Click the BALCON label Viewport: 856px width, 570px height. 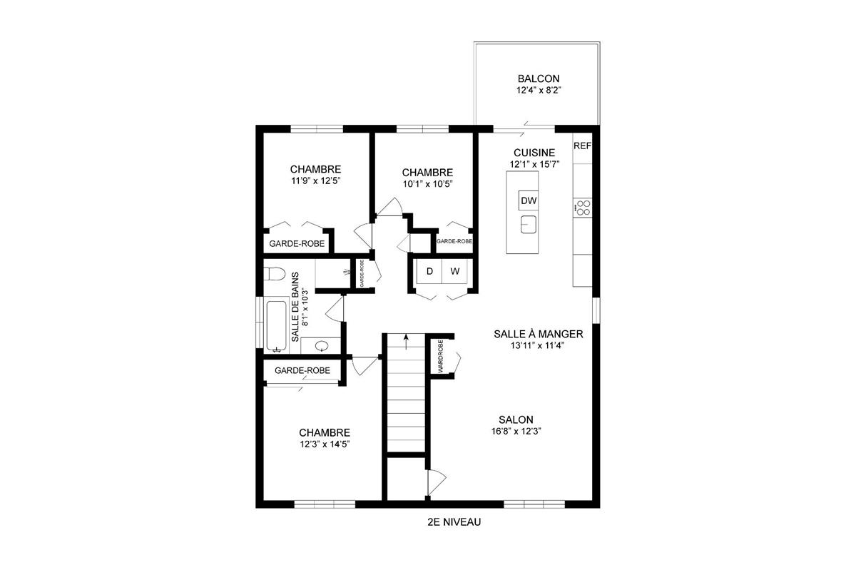coord(539,78)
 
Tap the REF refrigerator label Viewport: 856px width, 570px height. coord(582,146)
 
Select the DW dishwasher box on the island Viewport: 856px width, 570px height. coord(528,200)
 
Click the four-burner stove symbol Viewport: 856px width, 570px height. coord(583,208)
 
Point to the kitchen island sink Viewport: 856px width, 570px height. coord(528,225)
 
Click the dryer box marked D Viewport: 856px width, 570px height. coord(429,271)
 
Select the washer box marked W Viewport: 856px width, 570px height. coord(454,271)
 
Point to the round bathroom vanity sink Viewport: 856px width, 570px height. coord(322,347)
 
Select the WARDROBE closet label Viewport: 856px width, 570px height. coord(441,357)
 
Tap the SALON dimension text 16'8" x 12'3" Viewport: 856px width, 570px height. coord(516,431)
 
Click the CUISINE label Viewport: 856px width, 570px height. coord(534,153)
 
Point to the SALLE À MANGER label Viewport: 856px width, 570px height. coord(539,334)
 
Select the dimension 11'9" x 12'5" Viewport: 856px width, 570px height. coord(315,181)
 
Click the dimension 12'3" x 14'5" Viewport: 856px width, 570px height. coord(325,444)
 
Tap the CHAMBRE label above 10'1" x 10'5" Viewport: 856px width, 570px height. coord(427,172)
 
